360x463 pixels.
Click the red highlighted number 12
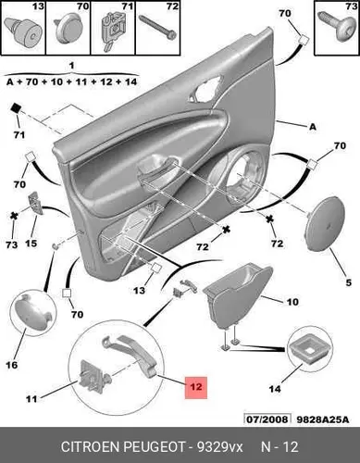pyautogui.click(x=196, y=387)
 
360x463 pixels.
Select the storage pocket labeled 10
pyautogui.click(x=238, y=294)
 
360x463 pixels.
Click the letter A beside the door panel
pyautogui.click(x=313, y=127)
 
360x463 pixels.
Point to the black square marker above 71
pyautogui.click(x=16, y=108)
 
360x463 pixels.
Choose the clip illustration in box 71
pyautogui.click(x=113, y=31)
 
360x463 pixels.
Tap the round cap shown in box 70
pyautogui.click(x=68, y=30)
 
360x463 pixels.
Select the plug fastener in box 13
pyautogui.click(x=23, y=31)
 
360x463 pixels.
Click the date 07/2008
pyautogui.click(x=267, y=419)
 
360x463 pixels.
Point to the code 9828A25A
pyautogui.click(x=323, y=419)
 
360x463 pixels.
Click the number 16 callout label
pyautogui.click(x=12, y=365)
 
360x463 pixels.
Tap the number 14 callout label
pyautogui.click(x=275, y=389)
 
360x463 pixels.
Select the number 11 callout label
pyautogui.click(x=31, y=399)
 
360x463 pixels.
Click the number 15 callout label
pyautogui.click(x=31, y=244)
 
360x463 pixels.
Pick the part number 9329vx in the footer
pyautogui.click(x=220, y=447)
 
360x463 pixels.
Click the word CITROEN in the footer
pyautogui.click(x=90, y=447)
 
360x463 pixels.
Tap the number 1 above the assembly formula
pyautogui.click(x=71, y=66)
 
